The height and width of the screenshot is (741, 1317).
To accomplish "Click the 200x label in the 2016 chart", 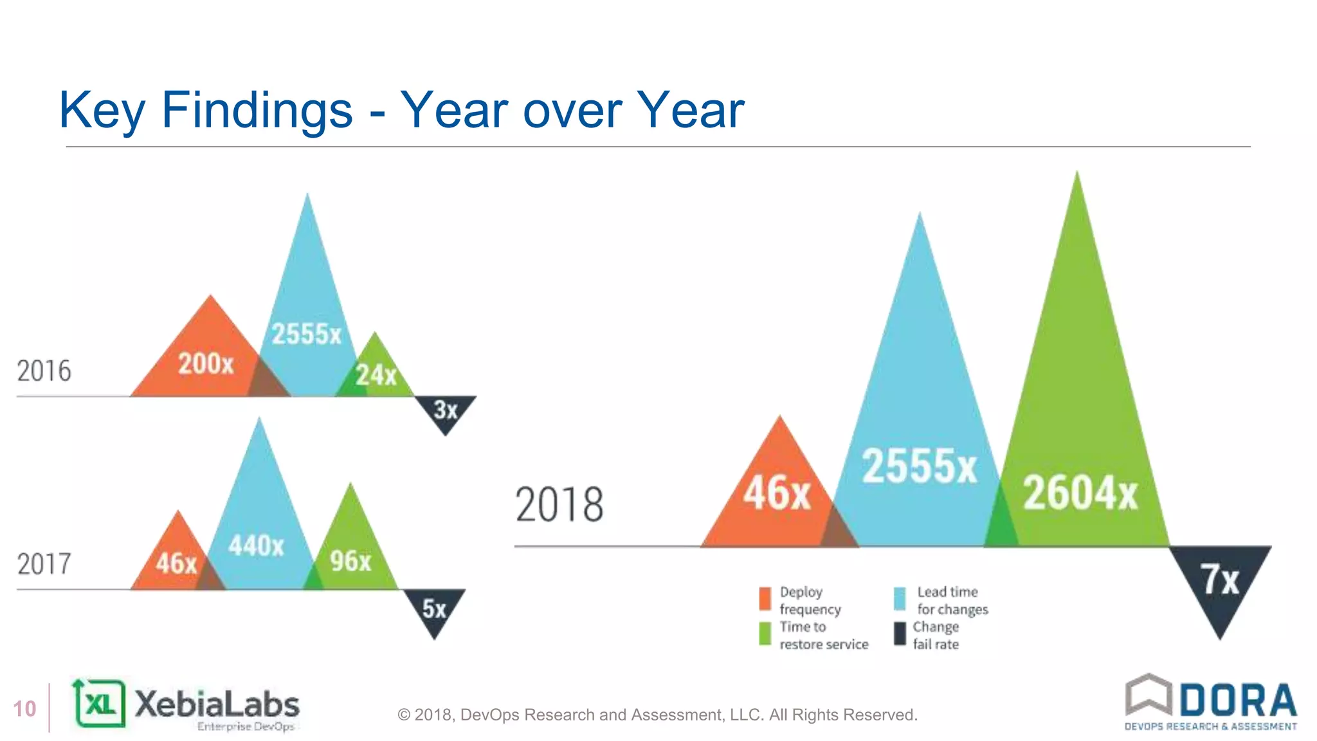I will tap(206, 364).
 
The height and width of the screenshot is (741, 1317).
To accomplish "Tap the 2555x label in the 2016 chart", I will tap(306, 334).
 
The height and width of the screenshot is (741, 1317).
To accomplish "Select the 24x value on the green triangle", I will tap(376, 375).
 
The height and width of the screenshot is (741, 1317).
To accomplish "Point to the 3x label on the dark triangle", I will tap(446, 410).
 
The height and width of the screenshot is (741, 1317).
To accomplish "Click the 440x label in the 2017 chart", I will tap(256, 546).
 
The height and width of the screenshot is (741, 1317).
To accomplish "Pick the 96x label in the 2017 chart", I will tap(350, 562).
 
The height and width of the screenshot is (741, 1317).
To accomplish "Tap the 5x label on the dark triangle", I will tap(434, 608).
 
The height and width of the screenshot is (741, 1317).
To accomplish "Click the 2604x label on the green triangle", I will tap(1080, 493).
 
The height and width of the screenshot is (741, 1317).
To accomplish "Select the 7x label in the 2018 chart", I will tap(1220, 580).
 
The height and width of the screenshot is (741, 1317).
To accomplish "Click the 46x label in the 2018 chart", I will tap(777, 493).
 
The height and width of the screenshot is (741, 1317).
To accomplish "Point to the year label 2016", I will tap(44, 371).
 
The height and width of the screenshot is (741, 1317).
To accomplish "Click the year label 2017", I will tap(44, 564).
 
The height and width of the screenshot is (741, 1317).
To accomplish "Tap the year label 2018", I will tap(559, 505).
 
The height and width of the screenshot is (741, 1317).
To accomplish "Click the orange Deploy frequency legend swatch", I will tap(765, 599).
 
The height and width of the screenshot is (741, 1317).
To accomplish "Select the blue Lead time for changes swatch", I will tap(900, 599).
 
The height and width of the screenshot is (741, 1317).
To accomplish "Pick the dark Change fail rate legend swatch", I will tap(900, 634).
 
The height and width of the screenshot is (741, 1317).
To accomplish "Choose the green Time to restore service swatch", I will tap(765, 634).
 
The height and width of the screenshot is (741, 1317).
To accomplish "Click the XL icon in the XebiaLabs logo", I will tap(100, 704).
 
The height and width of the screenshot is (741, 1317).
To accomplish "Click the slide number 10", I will tap(24, 709).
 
